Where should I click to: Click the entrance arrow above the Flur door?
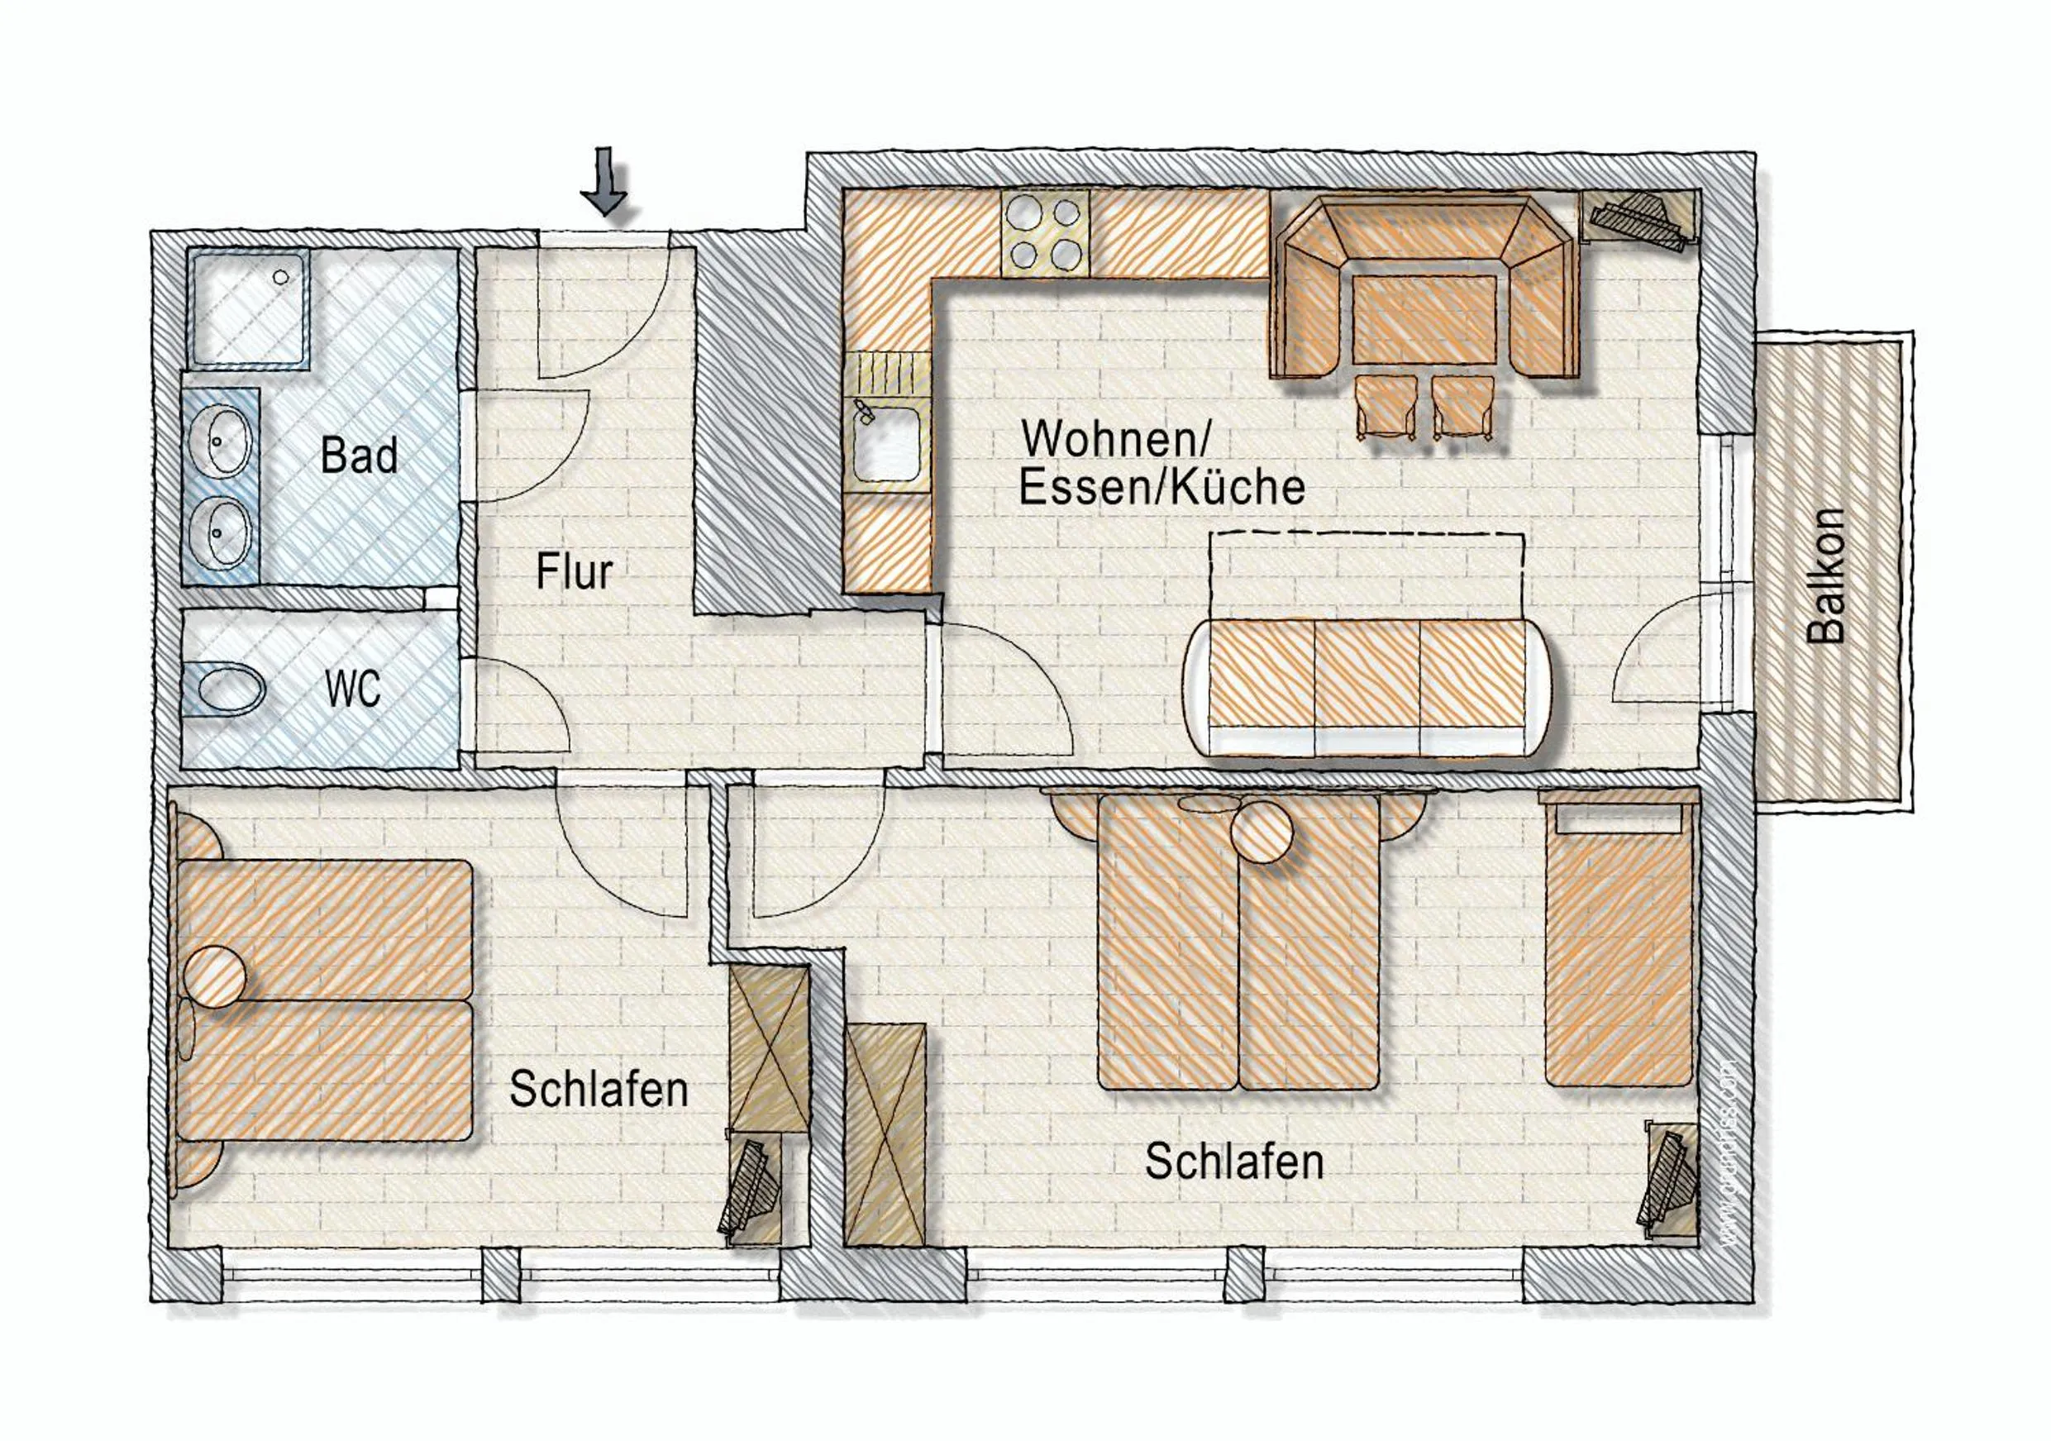pos(606,182)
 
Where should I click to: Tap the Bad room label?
pos(359,456)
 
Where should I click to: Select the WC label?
pos(353,689)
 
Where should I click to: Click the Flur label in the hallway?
pos(575,572)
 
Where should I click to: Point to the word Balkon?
pos(1826,576)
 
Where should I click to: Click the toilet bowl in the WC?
pos(231,689)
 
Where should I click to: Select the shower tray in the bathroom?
pos(247,308)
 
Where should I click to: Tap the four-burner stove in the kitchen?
pos(1045,234)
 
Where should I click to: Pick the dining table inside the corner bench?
pos(1423,319)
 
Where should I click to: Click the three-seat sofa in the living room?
pos(1367,686)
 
